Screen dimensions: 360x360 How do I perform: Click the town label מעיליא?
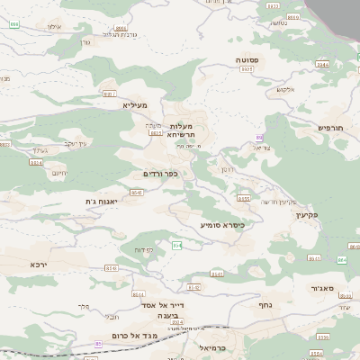(x=134, y=105)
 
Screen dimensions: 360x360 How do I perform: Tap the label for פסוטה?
(x=247, y=59)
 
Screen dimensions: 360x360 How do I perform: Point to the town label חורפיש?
(x=332, y=129)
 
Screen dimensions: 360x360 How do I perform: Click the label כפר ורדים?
(x=160, y=173)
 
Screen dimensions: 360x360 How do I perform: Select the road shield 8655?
(x=243, y=198)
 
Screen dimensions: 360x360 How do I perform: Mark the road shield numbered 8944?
(x=36, y=162)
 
